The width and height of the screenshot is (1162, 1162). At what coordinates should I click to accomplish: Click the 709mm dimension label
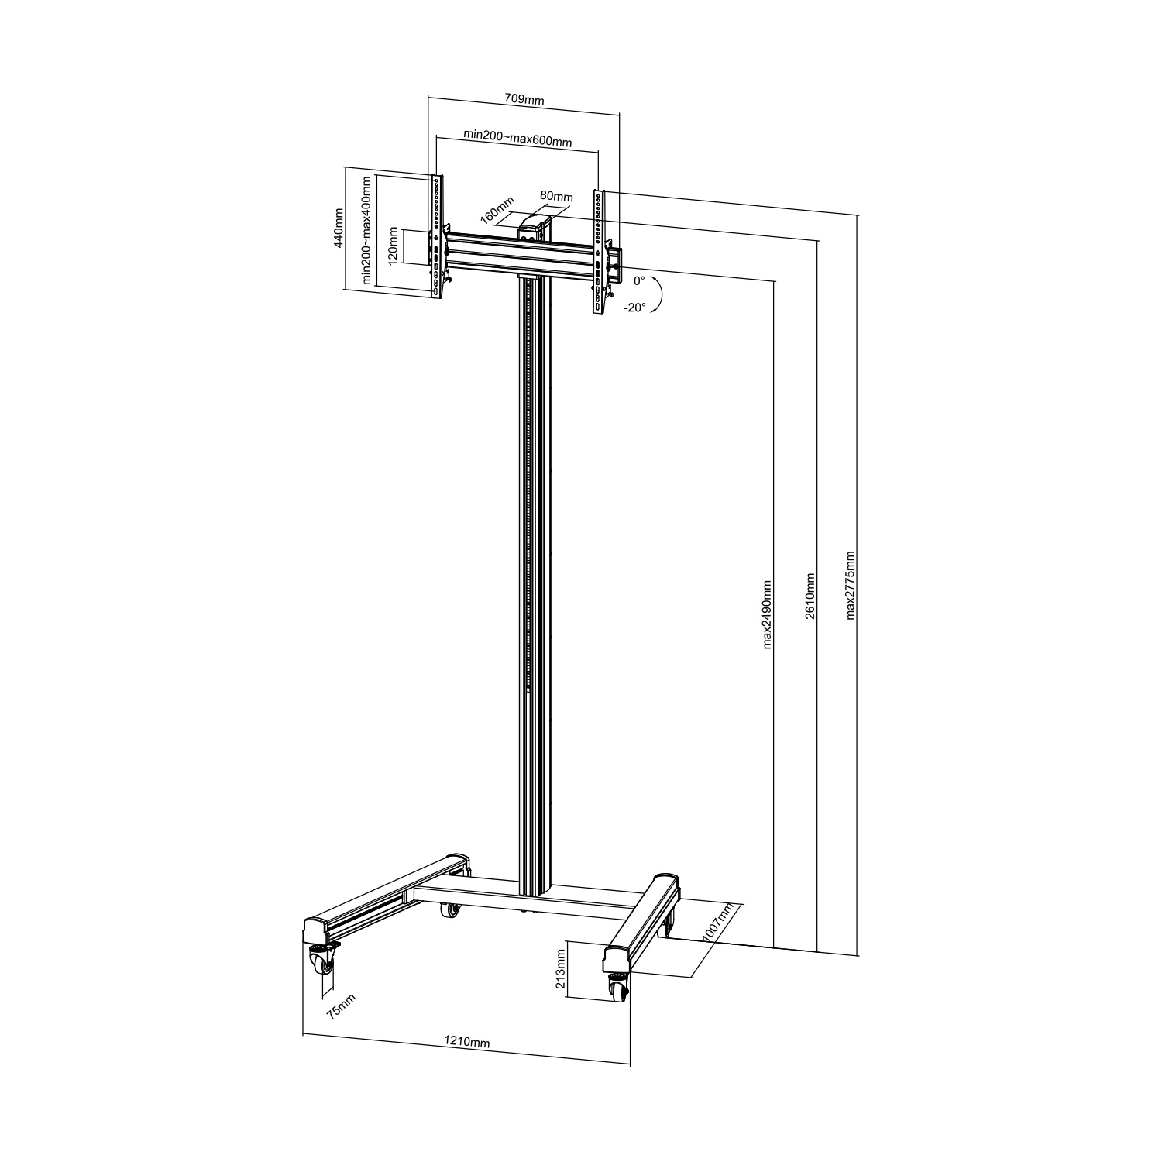(x=524, y=100)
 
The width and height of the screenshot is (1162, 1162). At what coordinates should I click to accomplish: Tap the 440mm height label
(x=338, y=227)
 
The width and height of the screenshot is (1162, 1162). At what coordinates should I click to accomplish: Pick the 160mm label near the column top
(x=498, y=209)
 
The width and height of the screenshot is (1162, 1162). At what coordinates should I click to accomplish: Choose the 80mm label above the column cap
(x=556, y=196)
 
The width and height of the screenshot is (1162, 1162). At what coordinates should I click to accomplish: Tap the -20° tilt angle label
(x=634, y=308)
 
